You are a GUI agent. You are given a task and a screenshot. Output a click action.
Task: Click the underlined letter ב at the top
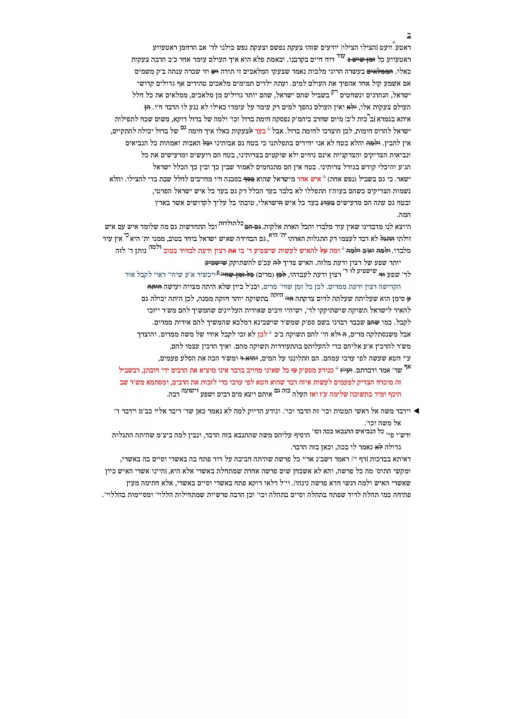click(409, 35)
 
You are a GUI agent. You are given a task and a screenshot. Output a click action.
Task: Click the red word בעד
click(260, 131)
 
